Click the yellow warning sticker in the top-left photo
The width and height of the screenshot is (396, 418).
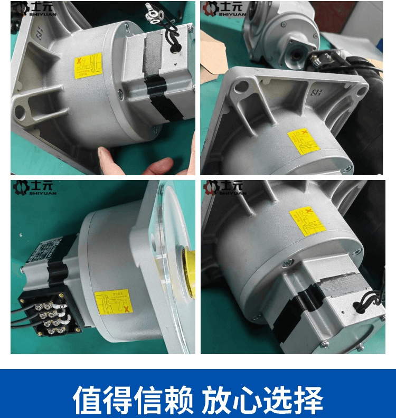click(88, 65)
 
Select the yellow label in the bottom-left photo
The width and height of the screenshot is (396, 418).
click(113, 302)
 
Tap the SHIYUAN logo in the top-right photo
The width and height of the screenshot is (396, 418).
click(225, 8)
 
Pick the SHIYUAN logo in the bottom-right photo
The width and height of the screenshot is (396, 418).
click(225, 188)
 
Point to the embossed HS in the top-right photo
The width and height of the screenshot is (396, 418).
click(319, 94)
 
